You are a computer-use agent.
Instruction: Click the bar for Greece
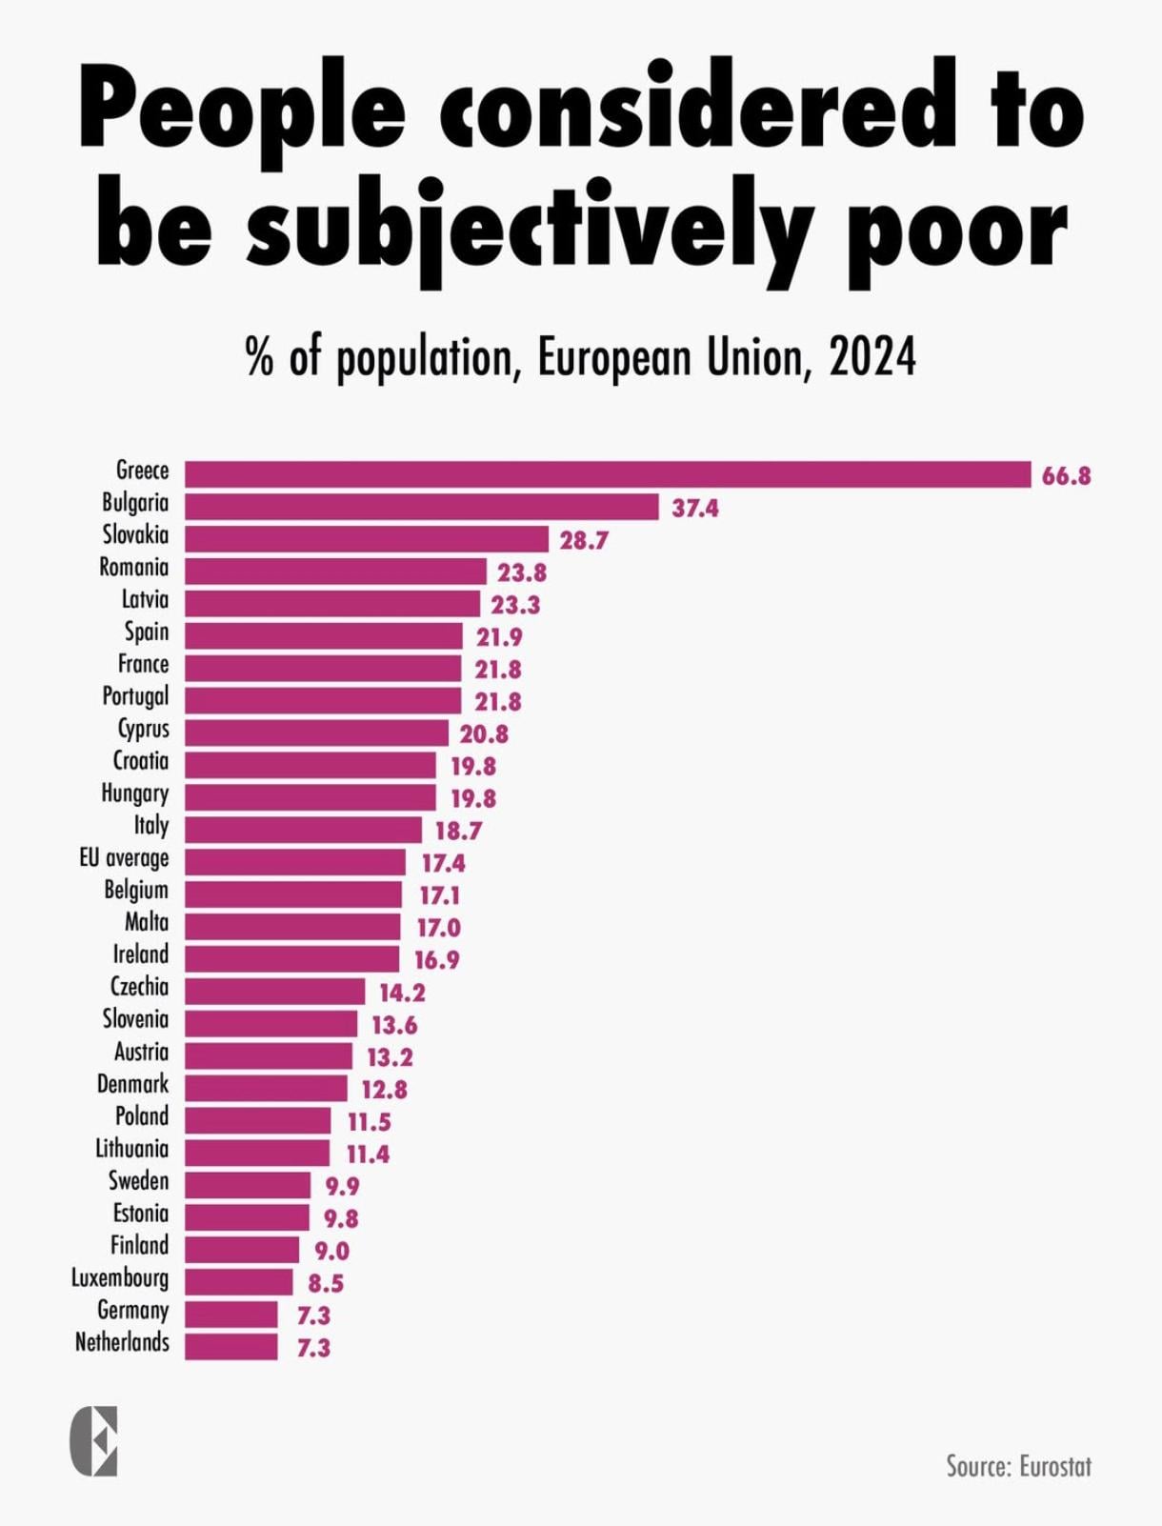(x=608, y=474)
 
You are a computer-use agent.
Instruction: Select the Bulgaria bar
(x=421, y=507)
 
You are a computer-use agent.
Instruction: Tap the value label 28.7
(x=584, y=540)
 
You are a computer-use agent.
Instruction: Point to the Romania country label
(x=133, y=568)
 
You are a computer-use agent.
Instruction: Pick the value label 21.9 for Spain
(x=499, y=636)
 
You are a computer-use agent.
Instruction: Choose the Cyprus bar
(x=316, y=733)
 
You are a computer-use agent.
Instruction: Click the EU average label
(x=124, y=858)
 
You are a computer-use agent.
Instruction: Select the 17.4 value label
(x=443, y=863)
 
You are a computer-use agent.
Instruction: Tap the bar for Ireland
(x=291, y=958)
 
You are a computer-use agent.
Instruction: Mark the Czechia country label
(x=139, y=987)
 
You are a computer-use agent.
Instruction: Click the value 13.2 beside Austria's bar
(x=390, y=1056)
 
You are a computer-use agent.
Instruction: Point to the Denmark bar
(x=266, y=1088)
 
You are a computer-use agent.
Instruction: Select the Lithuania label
(x=131, y=1149)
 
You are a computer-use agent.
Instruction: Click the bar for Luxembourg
(x=238, y=1281)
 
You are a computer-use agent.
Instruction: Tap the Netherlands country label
(x=122, y=1342)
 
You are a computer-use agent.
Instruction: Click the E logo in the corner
(x=94, y=1440)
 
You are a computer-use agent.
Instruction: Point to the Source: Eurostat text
(x=1018, y=1466)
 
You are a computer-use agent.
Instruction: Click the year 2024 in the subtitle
(x=871, y=358)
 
